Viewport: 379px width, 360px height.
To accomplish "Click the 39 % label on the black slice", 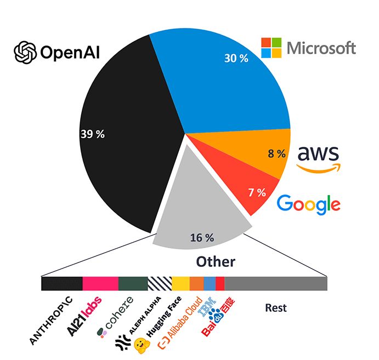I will click(x=92, y=134).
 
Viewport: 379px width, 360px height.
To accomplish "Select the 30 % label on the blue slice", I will click(x=236, y=59).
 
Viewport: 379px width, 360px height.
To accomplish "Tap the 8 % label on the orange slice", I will click(x=276, y=154).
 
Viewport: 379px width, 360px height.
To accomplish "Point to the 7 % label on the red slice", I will click(x=257, y=192).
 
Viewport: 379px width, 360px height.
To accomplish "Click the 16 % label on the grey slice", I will click(x=202, y=238).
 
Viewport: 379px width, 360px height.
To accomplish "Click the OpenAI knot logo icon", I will click(x=25, y=53).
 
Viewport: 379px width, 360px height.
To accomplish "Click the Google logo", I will click(x=308, y=204).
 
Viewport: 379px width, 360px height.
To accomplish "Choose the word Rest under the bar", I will click(x=276, y=308).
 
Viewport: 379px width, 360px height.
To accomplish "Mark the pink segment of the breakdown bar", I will click(x=100, y=283).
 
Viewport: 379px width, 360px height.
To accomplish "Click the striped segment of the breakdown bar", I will click(x=160, y=283).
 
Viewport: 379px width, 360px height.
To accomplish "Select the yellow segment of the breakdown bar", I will click(x=180, y=283).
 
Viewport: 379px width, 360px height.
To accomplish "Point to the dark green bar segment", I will click(x=133, y=283).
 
